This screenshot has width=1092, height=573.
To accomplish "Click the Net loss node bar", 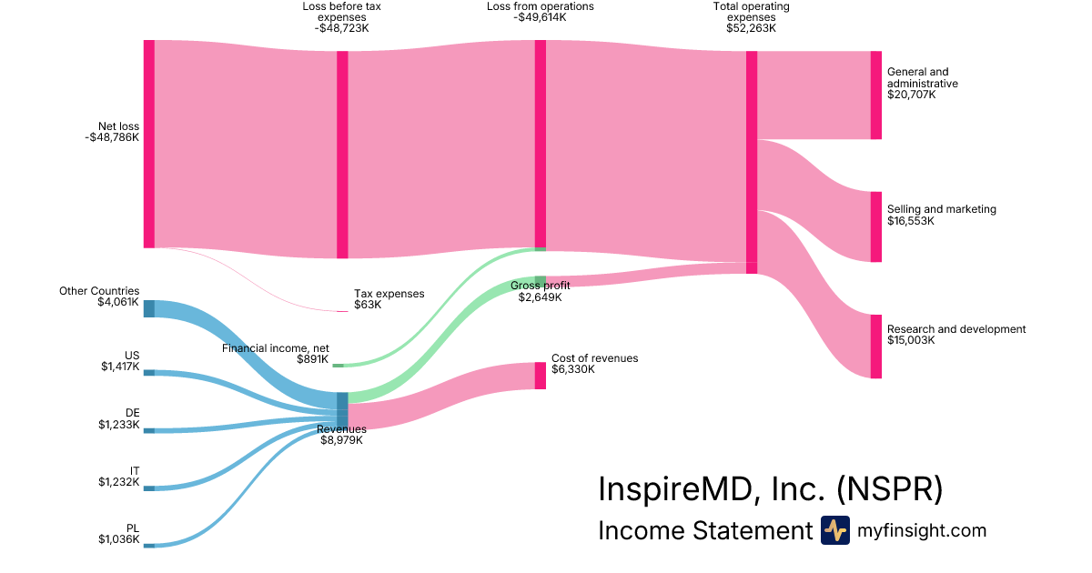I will coord(149,144).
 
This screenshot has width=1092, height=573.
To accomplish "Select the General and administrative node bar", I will coord(875,95).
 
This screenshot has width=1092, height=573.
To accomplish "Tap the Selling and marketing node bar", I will coord(875,226).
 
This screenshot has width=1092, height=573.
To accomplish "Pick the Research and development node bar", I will coord(875,347).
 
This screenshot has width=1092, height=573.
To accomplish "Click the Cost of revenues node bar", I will coord(540,376).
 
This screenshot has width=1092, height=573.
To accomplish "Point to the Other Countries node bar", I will coord(149,308).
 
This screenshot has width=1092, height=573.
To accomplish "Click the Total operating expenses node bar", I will coord(752,162).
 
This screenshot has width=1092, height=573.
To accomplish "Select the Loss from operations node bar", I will coord(540,144).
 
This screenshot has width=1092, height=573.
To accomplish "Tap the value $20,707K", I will coord(911,95).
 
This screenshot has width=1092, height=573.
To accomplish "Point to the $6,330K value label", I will coord(572,369).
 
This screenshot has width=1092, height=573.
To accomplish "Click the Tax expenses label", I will coord(389,294).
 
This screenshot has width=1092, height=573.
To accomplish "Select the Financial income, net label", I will coord(275,348).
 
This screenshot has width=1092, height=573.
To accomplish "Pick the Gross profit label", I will coord(541,286).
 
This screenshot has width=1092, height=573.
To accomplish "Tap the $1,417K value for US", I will coord(120,367).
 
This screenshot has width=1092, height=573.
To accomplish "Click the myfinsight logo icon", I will coord(834,530).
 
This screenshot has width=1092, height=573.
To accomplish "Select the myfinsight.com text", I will coord(922,530).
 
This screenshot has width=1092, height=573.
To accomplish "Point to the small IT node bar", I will coord(149,488).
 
